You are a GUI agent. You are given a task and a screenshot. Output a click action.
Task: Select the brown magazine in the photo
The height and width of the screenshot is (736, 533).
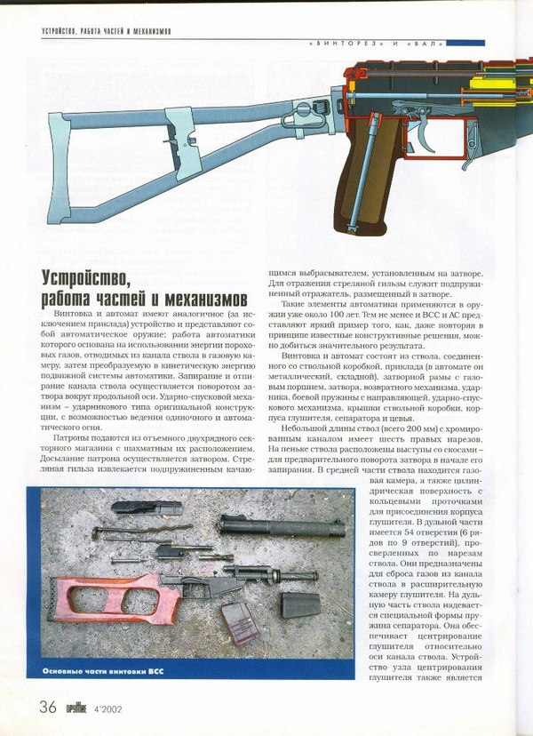pos(239,621)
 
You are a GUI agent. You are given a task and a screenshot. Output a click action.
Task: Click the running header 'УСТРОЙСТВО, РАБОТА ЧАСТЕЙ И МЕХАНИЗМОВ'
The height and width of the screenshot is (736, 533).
pos(107,32)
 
